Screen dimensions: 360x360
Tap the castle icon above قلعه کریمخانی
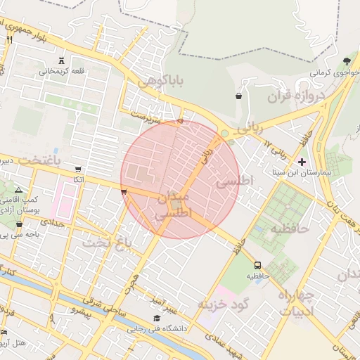pyautogui.click(x=63, y=60)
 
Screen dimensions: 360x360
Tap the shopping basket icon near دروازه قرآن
pyautogui.click(x=240, y=96)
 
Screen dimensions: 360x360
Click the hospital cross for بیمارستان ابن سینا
pyautogui.click(x=302, y=162)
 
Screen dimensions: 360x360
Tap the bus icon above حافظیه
pyautogui.click(x=258, y=265)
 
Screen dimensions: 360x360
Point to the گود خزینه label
pyautogui.click(x=224, y=304)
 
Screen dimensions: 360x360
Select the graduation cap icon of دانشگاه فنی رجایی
pyautogui.click(x=155, y=318)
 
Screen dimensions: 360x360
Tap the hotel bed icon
pyautogui.click(x=4, y=332)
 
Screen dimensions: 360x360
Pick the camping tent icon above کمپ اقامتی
pyautogui.click(x=18, y=191)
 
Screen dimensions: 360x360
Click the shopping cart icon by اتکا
pyautogui.click(x=77, y=169)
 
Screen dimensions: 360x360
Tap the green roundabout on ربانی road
pyautogui.click(x=224, y=133)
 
